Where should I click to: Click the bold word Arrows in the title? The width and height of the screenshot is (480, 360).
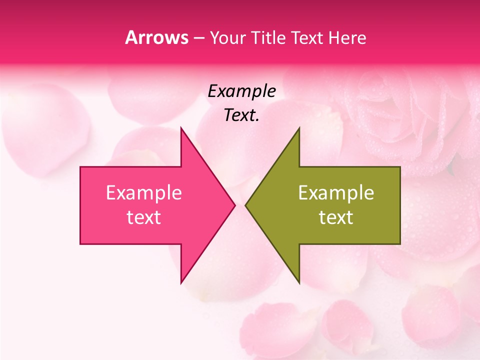tap(156, 37)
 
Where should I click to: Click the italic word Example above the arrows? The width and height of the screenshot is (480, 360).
tap(241, 91)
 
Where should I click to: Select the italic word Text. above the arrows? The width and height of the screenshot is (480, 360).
tap(241, 115)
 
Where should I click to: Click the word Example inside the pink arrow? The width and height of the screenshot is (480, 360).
tap(144, 193)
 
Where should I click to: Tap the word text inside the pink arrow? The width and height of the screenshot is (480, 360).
tap(144, 217)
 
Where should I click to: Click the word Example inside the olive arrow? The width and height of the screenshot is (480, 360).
tap(336, 193)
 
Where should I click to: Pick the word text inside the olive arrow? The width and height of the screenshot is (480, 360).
tap(336, 217)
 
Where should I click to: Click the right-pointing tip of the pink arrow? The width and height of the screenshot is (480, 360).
tap(235, 205)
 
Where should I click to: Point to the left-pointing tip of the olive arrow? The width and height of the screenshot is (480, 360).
tap(245, 205)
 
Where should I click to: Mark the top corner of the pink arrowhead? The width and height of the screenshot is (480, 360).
tap(181, 127)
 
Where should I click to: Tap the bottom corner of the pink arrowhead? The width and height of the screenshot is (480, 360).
tap(181, 283)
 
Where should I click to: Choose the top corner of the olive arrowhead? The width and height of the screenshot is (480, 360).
tap(299, 127)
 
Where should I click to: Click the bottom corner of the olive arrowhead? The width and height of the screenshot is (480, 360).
tap(299, 283)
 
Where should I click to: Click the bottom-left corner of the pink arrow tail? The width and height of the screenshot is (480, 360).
tap(80, 244)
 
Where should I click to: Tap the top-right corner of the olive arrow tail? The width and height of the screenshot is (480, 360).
tap(400, 167)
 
